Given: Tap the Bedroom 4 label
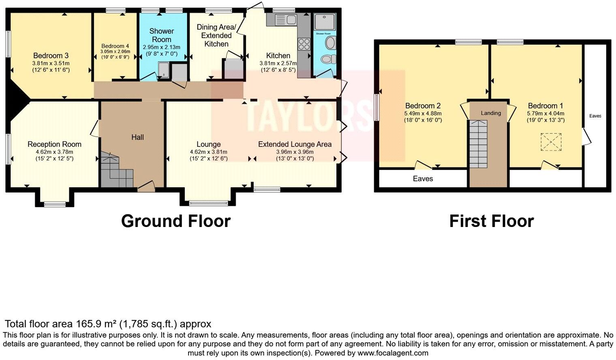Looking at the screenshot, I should (115, 46).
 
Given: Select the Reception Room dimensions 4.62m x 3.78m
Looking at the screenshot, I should (54, 152).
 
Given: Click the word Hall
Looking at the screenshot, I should (137, 137).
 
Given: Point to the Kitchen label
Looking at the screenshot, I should (278, 56).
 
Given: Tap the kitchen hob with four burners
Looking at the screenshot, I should (304, 44).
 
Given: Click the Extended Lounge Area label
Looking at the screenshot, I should (295, 144).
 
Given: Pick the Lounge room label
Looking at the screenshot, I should (208, 144).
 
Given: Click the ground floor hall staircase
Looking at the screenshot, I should (117, 171).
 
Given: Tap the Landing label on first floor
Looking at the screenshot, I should (491, 113).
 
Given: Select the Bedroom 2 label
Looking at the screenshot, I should (423, 106).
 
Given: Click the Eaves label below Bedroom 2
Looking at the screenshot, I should (423, 178).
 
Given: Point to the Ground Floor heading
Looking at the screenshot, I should (176, 221).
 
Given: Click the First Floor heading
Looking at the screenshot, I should (491, 221).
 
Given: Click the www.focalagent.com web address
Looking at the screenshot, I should (393, 353).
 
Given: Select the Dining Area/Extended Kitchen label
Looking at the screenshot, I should (216, 35).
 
